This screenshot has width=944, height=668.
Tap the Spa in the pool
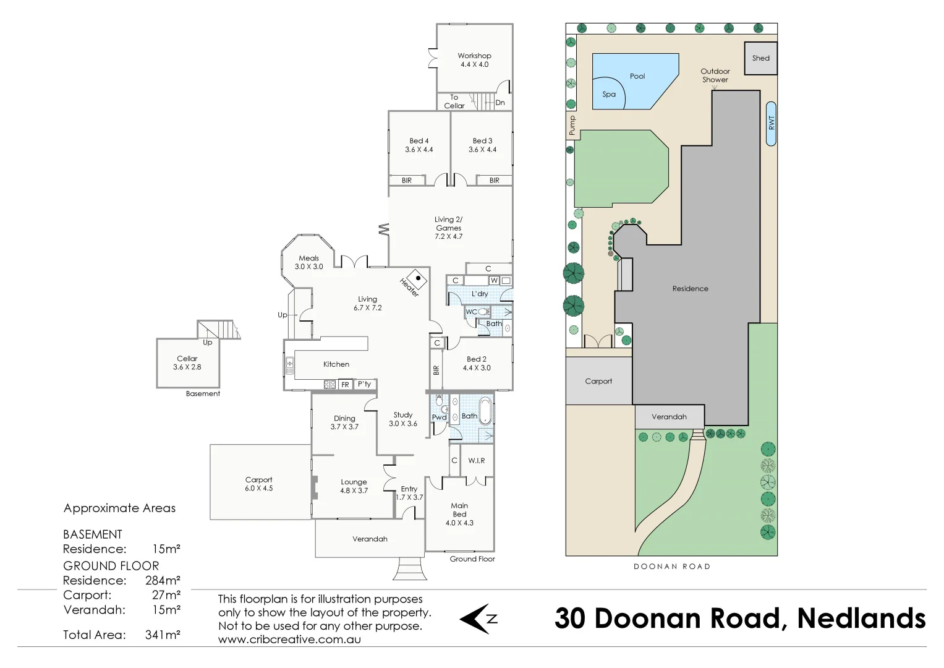pyautogui.click(x=608, y=95)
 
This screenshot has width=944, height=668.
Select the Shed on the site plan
pyautogui.click(x=760, y=58)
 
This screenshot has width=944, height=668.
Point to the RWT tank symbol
pyautogui.click(x=771, y=123)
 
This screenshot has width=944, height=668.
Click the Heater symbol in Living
pyautogui.click(x=417, y=279)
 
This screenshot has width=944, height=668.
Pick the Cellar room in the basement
pyautogui.click(x=187, y=363)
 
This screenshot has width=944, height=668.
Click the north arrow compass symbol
pyautogui.click(x=478, y=619)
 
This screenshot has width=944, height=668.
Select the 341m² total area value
pyautogui.click(x=163, y=635)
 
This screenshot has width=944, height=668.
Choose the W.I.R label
pyautogui.click(x=476, y=461)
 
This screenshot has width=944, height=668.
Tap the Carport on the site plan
pyautogui.click(x=598, y=382)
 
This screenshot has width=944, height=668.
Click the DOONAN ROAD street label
pyautogui.click(x=671, y=567)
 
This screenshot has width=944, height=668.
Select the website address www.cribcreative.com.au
pyautogui.click(x=289, y=640)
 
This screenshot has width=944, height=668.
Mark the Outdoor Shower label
pyautogui.click(x=715, y=75)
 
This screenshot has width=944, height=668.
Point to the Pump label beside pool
pyautogui.click(x=572, y=126)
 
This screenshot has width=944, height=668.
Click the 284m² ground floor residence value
pyautogui.click(x=163, y=580)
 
